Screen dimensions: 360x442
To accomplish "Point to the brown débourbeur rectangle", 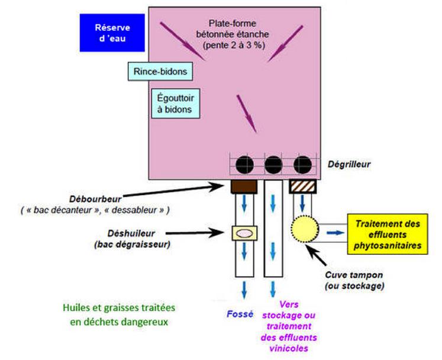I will pyautogui.click(x=243, y=187).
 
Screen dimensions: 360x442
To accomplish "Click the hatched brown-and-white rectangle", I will pyautogui.click(x=302, y=187).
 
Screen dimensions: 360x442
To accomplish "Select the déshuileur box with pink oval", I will pyautogui.click(x=243, y=233).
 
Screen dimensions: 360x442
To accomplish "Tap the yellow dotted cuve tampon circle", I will pyautogui.click(x=305, y=231).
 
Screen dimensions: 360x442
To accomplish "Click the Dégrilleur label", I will pyautogui.click(x=349, y=164).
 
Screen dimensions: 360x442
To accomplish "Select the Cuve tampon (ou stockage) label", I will pyautogui.click(x=354, y=280).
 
